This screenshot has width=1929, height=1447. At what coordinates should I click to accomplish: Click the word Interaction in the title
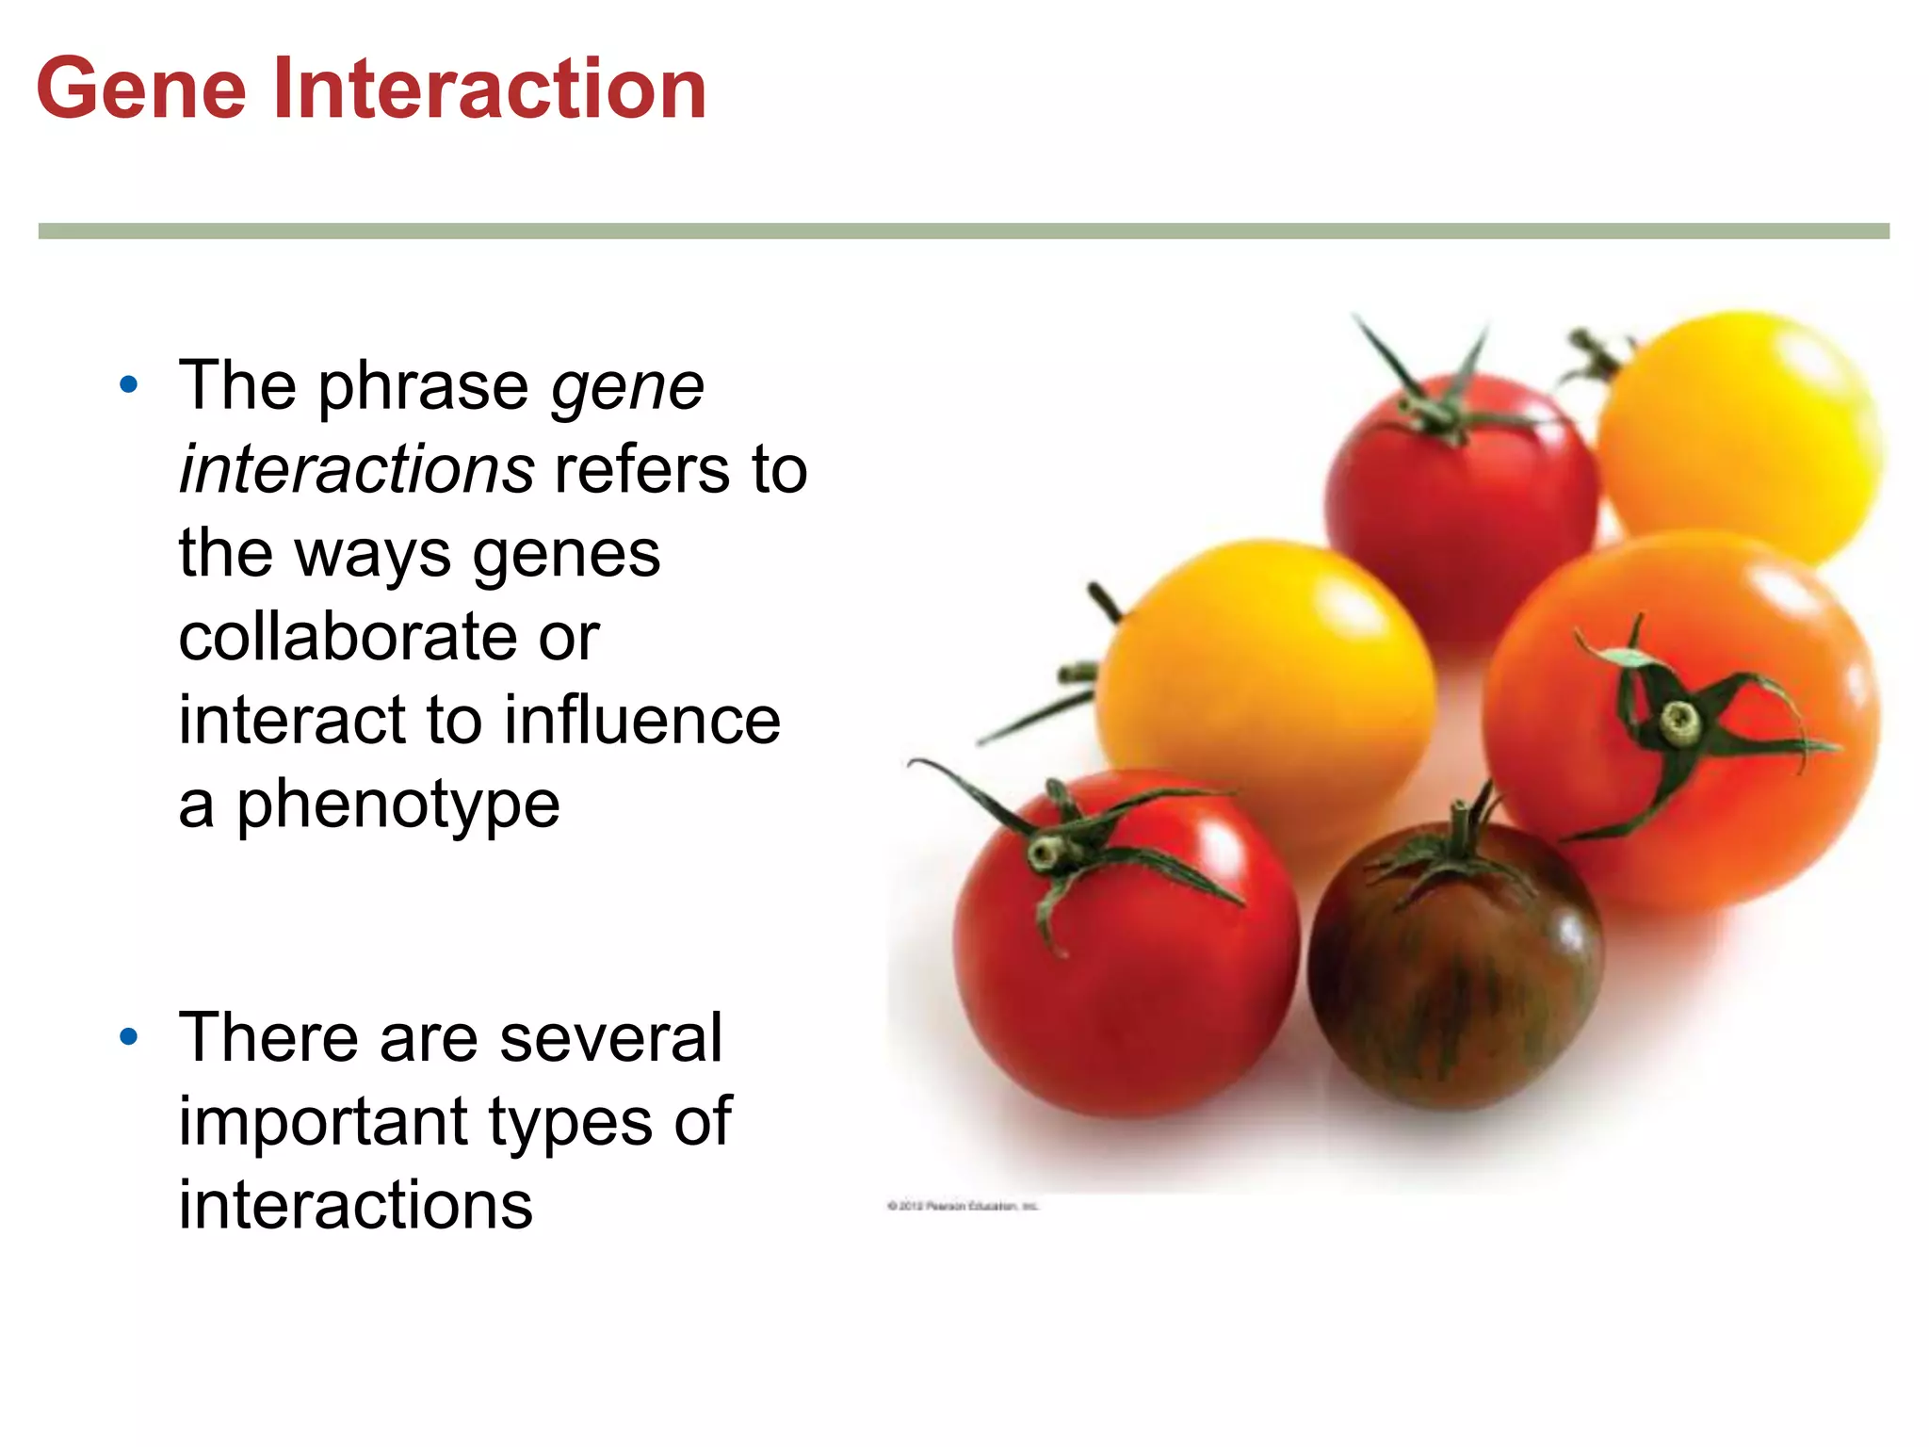490,89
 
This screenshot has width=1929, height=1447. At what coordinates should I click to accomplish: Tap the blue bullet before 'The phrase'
129,384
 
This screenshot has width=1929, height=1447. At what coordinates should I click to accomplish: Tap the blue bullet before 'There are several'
129,1037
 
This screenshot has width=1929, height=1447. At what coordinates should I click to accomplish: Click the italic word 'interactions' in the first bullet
357,470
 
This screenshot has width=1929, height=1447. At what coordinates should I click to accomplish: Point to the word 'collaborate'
348,637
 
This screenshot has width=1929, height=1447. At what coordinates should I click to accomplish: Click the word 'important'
324,1122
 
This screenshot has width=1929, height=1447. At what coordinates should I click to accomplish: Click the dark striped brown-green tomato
1455,980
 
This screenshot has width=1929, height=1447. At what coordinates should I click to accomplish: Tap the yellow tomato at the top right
1743,433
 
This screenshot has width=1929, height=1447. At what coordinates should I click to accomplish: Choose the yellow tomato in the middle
1262,669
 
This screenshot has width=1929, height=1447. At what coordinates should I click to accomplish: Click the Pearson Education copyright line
963,1206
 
